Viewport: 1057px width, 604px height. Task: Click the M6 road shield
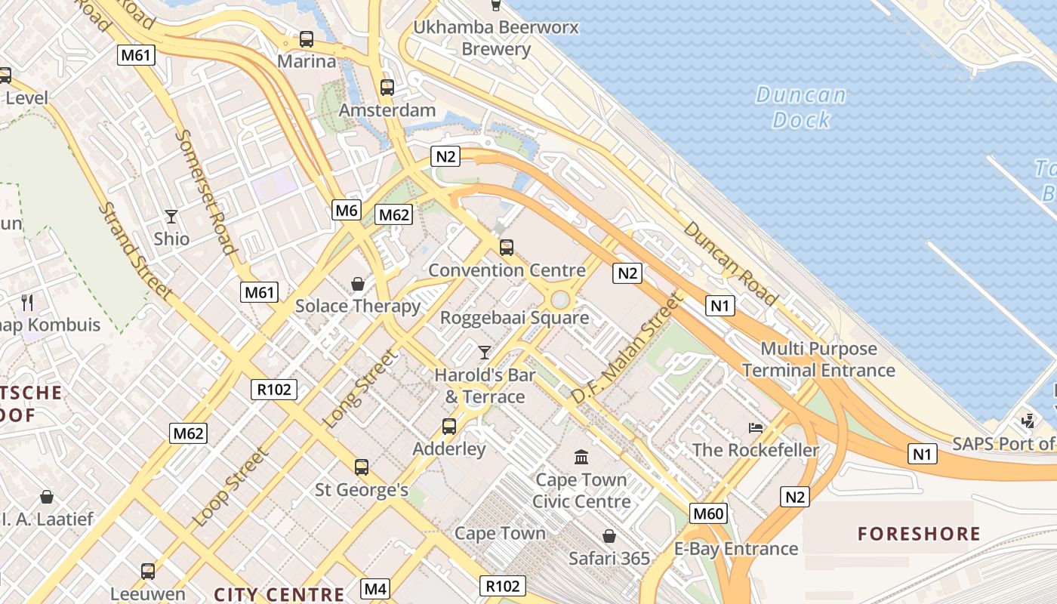(347, 210)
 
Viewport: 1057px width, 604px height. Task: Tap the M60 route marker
(708, 514)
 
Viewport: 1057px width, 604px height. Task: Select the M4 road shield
(375, 588)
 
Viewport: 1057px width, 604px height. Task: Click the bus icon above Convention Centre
(507, 247)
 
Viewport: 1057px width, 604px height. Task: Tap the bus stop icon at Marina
(306, 39)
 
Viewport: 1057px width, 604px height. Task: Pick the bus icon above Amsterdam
(387, 88)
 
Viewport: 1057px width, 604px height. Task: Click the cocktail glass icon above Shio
(171, 217)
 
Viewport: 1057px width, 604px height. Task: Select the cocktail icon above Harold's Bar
(484, 352)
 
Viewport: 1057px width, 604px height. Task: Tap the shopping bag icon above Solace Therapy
(358, 284)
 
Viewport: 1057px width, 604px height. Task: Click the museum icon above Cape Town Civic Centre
(581, 457)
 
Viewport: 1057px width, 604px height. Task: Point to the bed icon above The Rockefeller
(755, 427)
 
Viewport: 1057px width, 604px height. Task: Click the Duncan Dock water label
(801, 107)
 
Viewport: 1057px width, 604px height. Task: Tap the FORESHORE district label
(919, 535)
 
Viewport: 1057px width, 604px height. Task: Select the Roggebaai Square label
(514, 318)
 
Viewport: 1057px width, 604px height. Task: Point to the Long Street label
(359, 389)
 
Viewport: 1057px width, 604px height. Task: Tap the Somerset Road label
(205, 193)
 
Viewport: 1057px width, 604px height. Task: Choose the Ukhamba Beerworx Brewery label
(496, 39)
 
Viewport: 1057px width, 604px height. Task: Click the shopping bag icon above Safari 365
(609, 536)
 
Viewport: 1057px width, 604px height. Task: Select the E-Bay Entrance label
(735, 549)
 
